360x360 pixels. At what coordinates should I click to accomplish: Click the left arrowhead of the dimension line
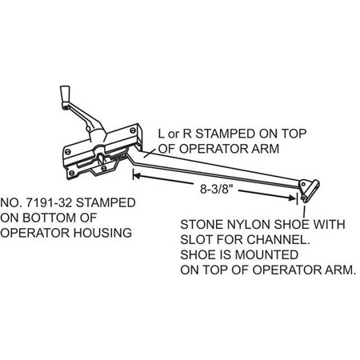[137, 176]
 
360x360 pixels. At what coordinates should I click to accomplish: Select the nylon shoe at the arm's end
[310, 190]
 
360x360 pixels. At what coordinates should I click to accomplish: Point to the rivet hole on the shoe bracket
[303, 184]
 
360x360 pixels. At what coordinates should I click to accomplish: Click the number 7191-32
[49, 203]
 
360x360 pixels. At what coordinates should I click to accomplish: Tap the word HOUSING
[102, 233]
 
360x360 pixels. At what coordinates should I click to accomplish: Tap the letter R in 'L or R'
[187, 134]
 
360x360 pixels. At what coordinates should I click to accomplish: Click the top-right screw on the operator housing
[132, 130]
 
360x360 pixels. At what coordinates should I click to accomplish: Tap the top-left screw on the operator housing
[68, 151]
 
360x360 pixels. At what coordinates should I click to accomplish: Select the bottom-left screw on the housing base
[71, 173]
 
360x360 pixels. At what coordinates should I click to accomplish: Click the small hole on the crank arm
[88, 130]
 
